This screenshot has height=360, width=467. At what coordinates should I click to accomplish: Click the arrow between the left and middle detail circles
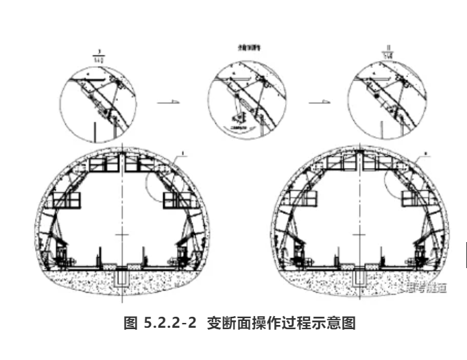[168, 102]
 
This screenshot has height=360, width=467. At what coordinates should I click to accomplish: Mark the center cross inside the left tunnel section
[122, 235]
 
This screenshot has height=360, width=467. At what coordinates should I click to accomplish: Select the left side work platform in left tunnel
[68, 200]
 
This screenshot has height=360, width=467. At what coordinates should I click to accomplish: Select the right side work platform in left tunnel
[175, 200]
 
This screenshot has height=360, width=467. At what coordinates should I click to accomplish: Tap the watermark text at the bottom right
[423, 287]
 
